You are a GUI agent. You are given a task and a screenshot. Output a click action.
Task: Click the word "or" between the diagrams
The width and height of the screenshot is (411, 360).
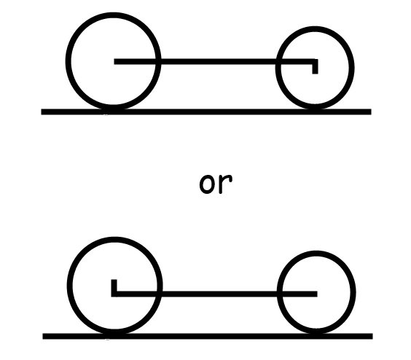pos(216,184)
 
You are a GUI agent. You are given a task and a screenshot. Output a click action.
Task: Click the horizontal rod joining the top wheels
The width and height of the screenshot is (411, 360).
pos(216,62)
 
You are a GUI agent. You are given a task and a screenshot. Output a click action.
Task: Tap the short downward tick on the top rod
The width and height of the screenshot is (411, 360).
pos(315,68)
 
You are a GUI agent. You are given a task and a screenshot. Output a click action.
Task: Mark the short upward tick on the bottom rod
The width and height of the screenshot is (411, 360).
pos(114,286)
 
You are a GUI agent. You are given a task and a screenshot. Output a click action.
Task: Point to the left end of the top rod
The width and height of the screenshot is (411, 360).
pos(114,62)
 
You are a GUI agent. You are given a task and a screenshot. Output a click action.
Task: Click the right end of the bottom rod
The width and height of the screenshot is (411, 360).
pos(317,294)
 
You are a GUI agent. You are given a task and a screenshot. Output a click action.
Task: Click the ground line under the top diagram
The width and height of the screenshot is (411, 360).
pos(206,111)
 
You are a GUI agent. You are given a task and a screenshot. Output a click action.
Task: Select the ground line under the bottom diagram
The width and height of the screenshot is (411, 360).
pos(208,336)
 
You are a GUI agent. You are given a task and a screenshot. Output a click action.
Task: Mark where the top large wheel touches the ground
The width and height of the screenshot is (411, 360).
pos(114,109)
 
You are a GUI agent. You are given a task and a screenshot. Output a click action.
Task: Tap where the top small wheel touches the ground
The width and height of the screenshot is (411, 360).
pos(315,109)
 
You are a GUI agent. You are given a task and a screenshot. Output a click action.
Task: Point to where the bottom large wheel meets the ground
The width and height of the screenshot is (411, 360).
pos(115,334)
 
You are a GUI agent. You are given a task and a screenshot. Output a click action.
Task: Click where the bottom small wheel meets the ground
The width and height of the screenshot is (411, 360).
pos(316,334)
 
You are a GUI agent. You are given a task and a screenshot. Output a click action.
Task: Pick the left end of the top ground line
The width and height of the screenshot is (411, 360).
pos(42,111)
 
